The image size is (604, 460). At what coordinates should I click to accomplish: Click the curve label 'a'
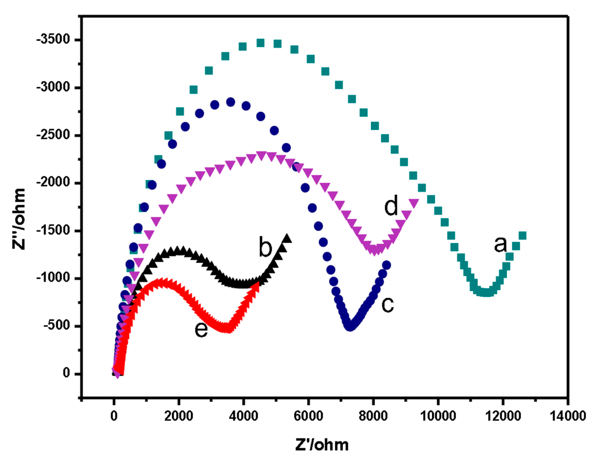pyautogui.click(x=500, y=245)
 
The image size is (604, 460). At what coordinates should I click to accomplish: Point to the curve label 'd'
pyautogui.click(x=391, y=206)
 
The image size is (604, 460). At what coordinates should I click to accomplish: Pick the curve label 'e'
pyautogui.click(x=201, y=329)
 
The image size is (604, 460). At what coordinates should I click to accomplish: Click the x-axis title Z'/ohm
pyautogui.click(x=322, y=445)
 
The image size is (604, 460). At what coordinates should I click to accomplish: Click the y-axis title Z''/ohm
pyautogui.click(x=19, y=219)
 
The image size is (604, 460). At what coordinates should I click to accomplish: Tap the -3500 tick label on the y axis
pyautogui.click(x=54, y=39)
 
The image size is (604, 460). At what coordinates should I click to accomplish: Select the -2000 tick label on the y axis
pyautogui.click(x=54, y=182)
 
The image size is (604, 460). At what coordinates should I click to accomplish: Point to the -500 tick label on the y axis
pyautogui.click(x=57, y=325)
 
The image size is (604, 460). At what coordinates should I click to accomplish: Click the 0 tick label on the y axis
pyautogui.click(x=66, y=373)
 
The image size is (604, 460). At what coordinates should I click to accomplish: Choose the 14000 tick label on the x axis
pyautogui.click(x=568, y=416)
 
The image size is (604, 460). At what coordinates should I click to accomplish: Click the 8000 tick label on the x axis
pyautogui.click(x=373, y=416)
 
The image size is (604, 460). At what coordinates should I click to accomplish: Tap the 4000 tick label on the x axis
pyautogui.click(x=243, y=416)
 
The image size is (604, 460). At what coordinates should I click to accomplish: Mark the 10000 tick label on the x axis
pyautogui.click(x=438, y=416)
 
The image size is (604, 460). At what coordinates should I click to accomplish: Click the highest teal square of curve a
pyautogui.click(x=260, y=43)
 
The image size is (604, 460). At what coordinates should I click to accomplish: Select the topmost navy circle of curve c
pyautogui.click(x=230, y=102)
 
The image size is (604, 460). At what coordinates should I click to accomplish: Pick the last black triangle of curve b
pyautogui.click(x=287, y=238)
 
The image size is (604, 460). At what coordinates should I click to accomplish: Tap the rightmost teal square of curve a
pyautogui.click(x=522, y=236)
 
